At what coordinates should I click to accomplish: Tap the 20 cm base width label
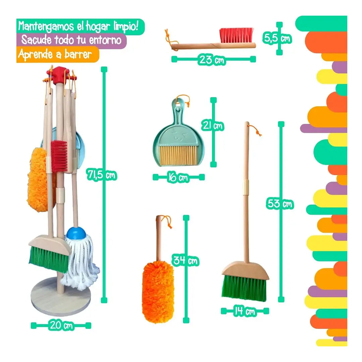tap(61, 325)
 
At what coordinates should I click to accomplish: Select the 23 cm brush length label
tap(212, 60)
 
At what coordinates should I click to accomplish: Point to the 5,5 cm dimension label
tap(277, 38)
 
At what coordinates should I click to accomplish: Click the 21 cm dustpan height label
tap(212, 125)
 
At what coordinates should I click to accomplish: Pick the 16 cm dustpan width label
tap(178, 177)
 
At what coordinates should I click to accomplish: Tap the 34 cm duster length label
tap(186, 261)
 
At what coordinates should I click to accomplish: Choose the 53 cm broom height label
tap(280, 204)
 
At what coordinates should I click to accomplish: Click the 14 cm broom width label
tap(245, 311)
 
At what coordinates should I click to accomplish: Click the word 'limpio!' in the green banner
tap(126, 27)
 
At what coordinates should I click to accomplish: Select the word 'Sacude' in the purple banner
tap(37, 40)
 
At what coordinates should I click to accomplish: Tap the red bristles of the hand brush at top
tap(237, 35)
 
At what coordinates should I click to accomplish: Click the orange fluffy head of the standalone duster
tap(158, 293)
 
